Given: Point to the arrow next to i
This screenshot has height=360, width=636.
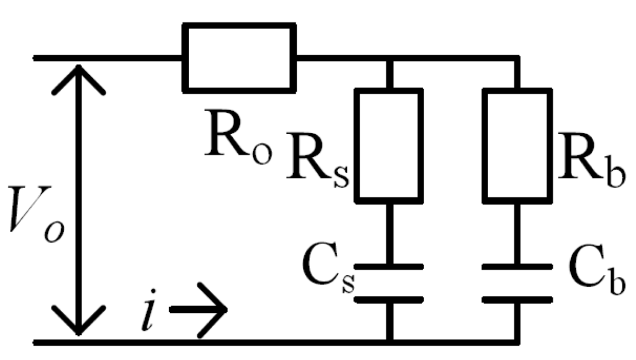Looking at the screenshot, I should [199, 309].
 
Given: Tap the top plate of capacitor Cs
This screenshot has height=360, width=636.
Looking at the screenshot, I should [389, 267].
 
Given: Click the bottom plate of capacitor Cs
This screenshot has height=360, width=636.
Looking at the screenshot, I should [389, 299].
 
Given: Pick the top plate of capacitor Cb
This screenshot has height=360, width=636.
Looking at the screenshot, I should [517, 267].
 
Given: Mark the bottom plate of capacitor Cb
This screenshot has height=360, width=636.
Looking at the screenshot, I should [517, 299].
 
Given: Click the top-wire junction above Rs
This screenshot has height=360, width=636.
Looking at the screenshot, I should [389, 59].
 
